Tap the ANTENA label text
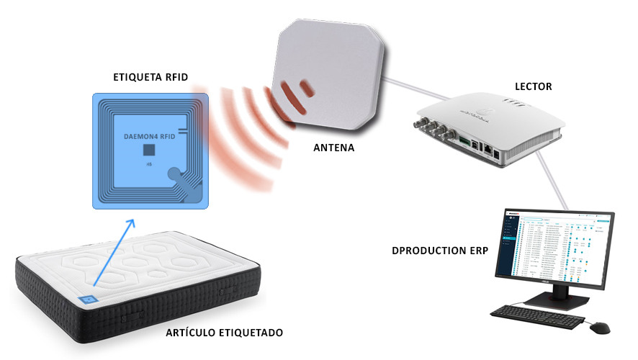tap(336, 148)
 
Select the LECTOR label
tap(533, 87)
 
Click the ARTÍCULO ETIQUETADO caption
tap(225, 333)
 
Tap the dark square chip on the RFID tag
tap(149, 150)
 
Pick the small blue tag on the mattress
tap(87, 299)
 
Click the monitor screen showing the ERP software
tap(554, 246)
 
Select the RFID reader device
tap(490, 130)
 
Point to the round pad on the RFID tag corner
tap(174, 176)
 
